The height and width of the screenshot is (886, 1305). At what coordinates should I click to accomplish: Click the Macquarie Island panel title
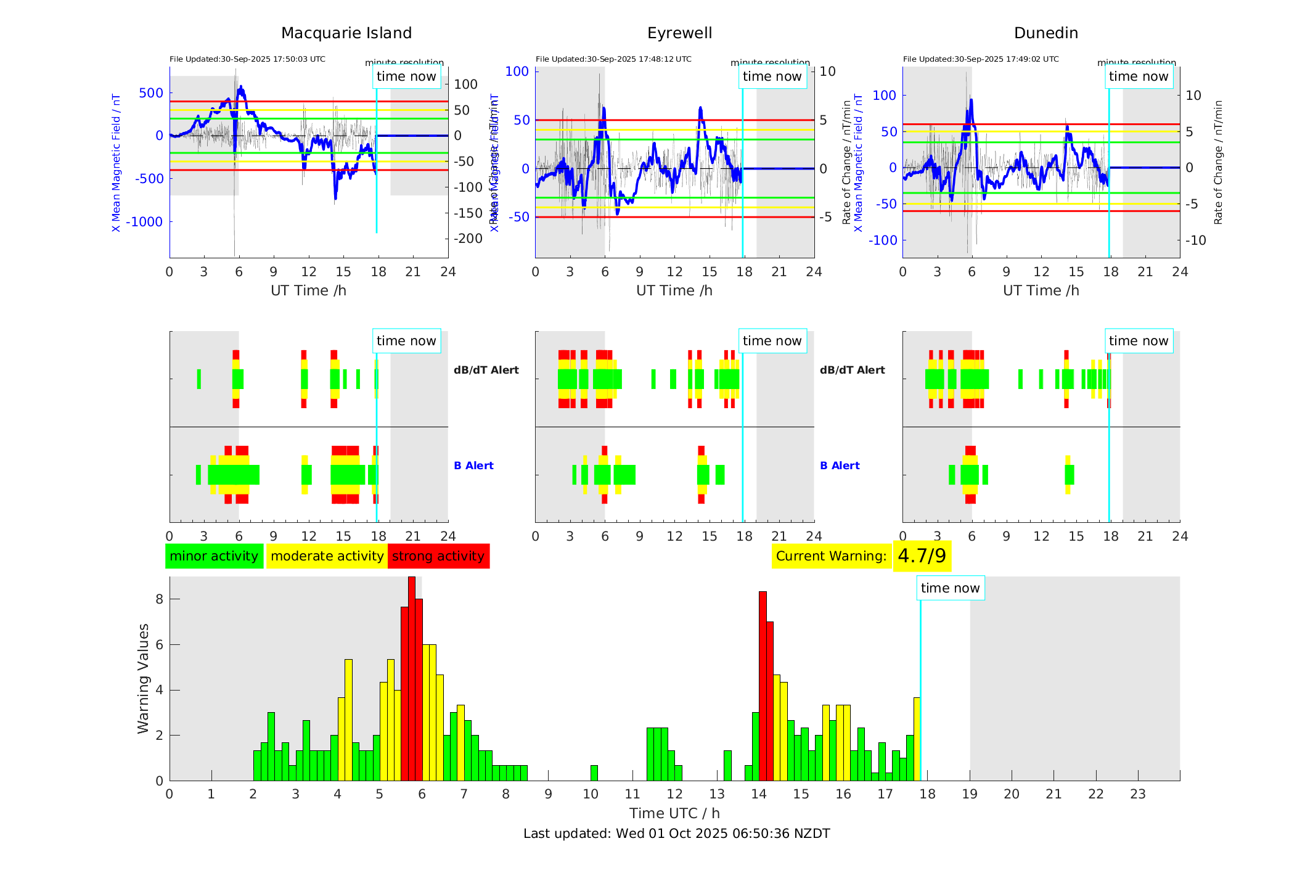[x=346, y=33]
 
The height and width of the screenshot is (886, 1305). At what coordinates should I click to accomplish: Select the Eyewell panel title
[x=679, y=33]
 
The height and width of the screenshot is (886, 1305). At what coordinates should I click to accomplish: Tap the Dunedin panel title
[x=1045, y=33]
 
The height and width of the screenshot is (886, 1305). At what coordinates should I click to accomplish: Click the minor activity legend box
[x=214, y=556]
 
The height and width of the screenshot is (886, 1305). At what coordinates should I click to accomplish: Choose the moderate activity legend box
[x=327, y=556]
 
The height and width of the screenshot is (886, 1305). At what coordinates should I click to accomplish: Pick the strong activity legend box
[x=438, y=556]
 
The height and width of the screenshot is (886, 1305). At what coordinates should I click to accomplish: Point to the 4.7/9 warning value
[x=922, y=556]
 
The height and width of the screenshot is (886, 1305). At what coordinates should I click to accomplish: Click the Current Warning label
[x=831, y=556]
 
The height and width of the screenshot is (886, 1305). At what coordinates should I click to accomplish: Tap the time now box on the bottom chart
[x=950, y=588]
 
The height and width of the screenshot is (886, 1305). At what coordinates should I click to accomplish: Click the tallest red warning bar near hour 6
[x=412, y=678]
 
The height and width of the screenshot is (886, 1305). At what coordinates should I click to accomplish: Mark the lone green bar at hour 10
[x=594, y=773]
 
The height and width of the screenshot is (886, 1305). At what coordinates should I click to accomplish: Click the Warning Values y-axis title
[x=144, y=678]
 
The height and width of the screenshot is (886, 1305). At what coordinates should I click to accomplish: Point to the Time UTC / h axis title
[x=674, y=813]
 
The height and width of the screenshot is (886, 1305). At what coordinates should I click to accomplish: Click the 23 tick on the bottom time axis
[x=1137, y=794]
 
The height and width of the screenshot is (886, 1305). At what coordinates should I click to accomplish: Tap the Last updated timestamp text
[x=676, y=834]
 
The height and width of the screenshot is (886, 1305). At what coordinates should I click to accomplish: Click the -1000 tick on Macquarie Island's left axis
[x=144, y=222]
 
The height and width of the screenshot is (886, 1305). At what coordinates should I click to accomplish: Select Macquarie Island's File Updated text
[x=247, y=59]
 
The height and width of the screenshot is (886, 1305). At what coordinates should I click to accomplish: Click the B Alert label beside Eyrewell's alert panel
[x=840, y=466]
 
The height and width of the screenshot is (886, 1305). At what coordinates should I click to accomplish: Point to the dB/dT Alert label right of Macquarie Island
[x=486, y=370]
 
